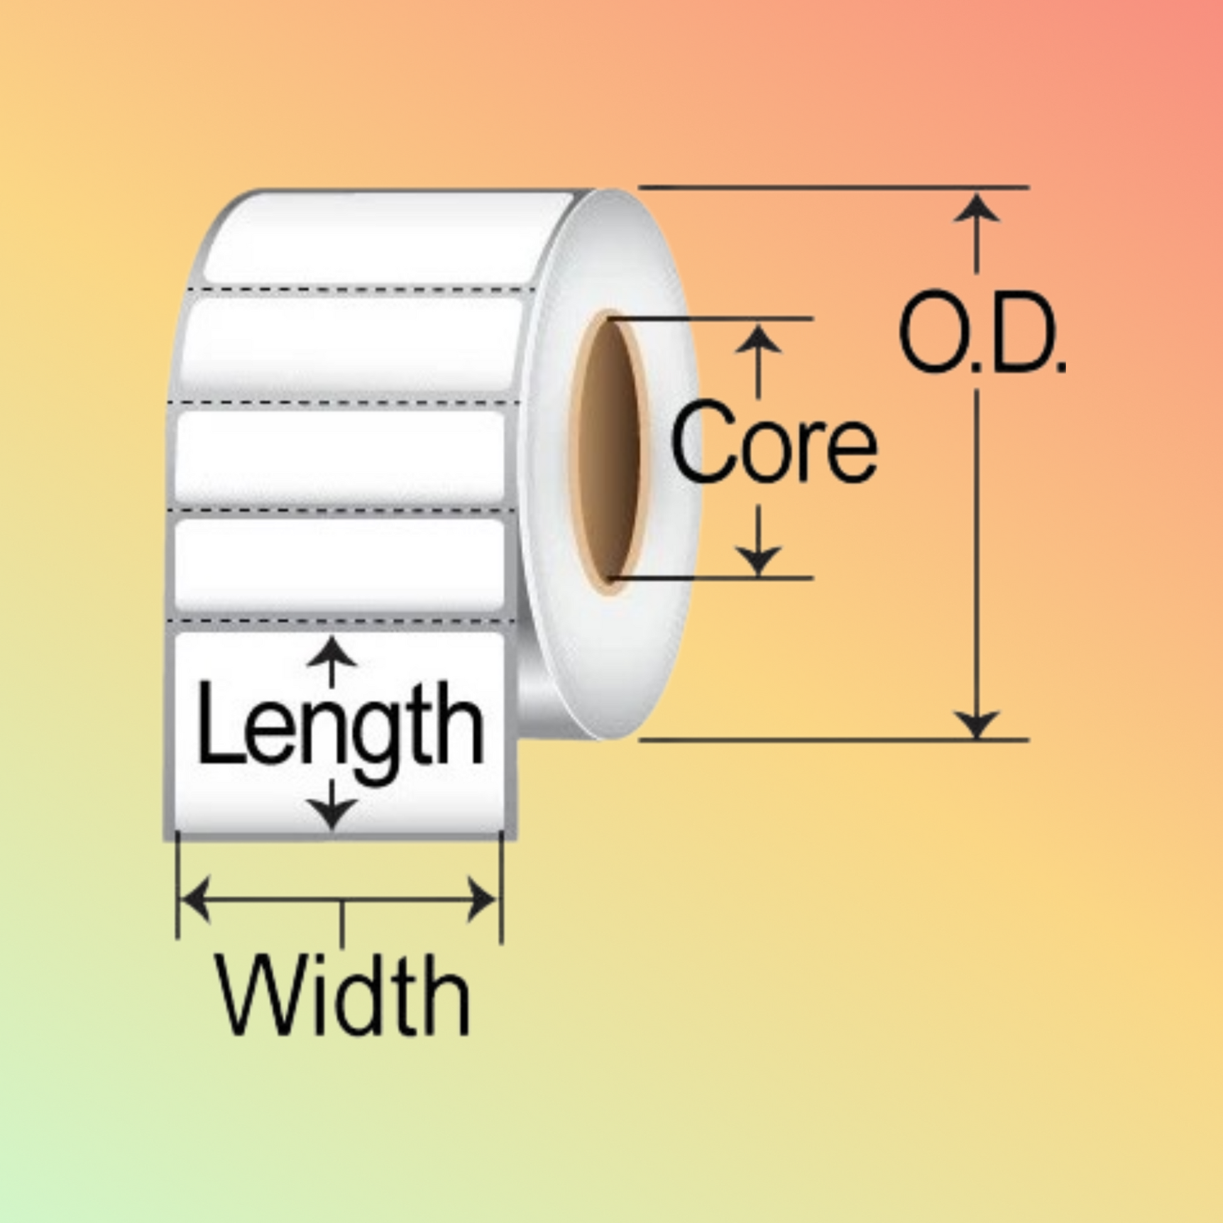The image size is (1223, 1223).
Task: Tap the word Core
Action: pyautogui.click(x=773, y=441)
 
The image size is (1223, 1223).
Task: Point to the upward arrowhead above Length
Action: pyautogui.click(x=332, y=652)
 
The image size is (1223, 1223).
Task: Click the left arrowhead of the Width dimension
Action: pyautogui.click(x=194, y=899)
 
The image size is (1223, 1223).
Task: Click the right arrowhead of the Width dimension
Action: pyautogui.click(x=483, y=899)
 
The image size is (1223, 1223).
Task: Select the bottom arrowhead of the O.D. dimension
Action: pyautogui.click(x=976, y=722)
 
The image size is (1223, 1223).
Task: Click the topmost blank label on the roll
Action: pyautogui.click(x=386, y=238)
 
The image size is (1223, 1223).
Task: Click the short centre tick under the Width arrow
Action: pyautogui.click(x=343, y=923)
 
